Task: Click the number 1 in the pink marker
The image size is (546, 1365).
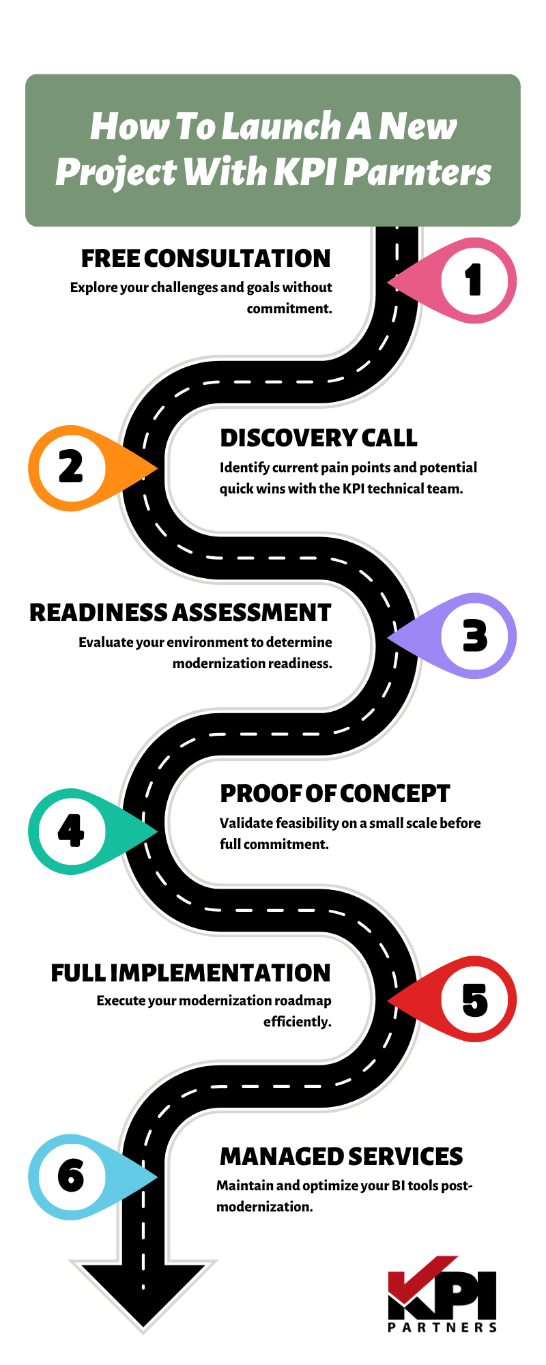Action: point(474,281)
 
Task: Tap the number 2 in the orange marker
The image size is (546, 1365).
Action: point(71,468)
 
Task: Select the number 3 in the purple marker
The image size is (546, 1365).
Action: point(475,636)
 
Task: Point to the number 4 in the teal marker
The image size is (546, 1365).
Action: point(71,831)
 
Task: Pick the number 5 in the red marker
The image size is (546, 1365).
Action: point(475,1001)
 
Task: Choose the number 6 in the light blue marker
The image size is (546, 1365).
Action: point(71,1176)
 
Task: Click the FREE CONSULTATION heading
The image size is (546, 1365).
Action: point(205,259)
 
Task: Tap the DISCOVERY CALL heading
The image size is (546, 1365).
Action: point(318,438)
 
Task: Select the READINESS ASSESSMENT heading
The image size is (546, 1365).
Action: point(180,613)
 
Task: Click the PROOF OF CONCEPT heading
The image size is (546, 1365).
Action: point(334,794)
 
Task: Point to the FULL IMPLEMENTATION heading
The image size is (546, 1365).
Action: point(190,973)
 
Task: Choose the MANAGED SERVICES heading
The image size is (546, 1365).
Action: point(341,1156)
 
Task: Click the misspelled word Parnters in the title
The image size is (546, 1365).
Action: point(417,171)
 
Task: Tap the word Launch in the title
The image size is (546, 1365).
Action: point(282,126)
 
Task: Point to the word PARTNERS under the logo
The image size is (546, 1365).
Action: point(442,1327)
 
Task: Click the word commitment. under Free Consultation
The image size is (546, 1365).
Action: point(289,308)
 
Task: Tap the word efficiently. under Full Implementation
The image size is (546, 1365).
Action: point(297,1022)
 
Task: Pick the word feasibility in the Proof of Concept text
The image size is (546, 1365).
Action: point(302,823)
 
